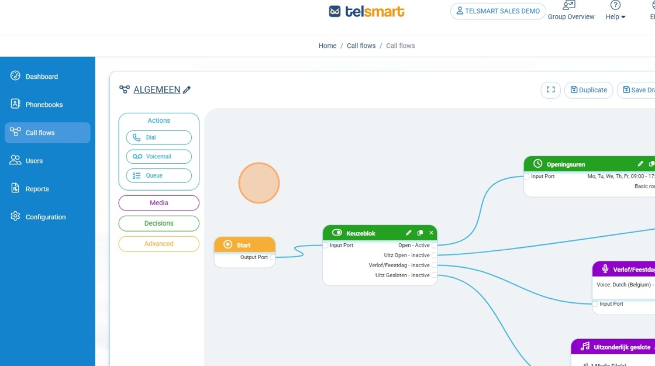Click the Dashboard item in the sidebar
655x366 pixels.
[x=41, y=77]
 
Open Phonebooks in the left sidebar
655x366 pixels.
[x=43, y=105]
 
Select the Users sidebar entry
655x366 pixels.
[x=34, y=161]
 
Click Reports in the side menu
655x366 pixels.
[x=37, y=189]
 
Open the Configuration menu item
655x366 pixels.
[x=45, y=217]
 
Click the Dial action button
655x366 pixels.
[x=158, y=137]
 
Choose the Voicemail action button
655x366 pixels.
[x=158, y=157]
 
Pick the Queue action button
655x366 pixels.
[x=158, y=175]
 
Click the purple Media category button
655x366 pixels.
[x=158, y=203]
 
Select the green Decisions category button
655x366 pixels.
[x=158, y=223]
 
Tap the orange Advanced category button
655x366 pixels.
[x=158, y=244]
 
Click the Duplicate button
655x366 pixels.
[x=588, y=90]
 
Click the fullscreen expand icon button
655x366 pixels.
[x=550, y=90]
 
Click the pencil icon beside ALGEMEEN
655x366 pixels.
[x=187, y=90]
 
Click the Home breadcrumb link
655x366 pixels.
[x=327, y=46]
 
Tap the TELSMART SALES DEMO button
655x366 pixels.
[x=498, y=11]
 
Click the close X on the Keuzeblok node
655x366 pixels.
[x=431, y=233]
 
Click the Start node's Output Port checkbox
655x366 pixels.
[x=273, y=257]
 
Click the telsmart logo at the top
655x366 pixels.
[x=367, y=11]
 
